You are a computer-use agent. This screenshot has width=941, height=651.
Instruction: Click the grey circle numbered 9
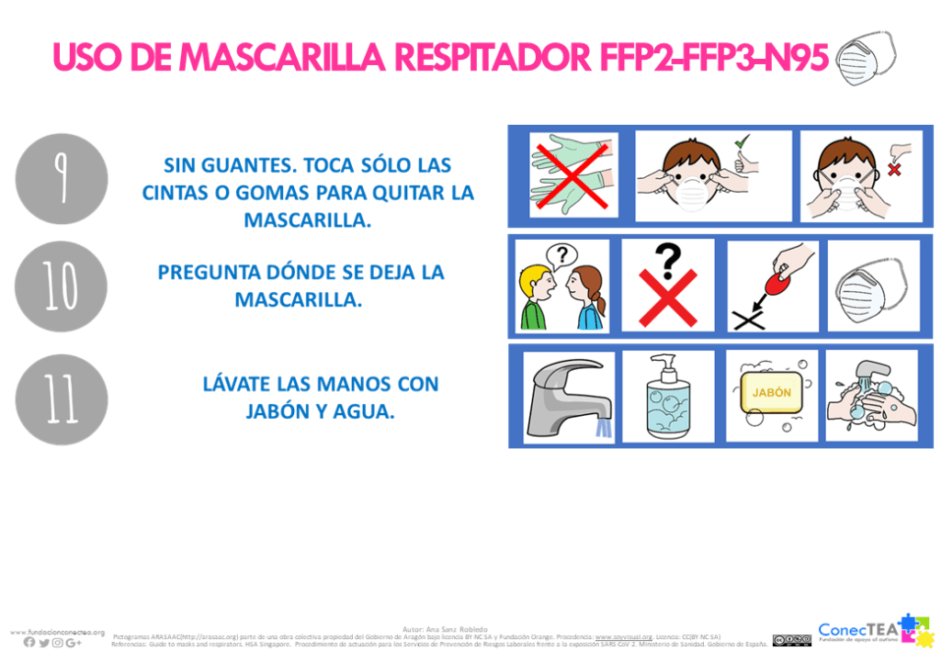(x=62, y=178)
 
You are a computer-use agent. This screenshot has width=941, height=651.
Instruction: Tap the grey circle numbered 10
(x=61, y=286)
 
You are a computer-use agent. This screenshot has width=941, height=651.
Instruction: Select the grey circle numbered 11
(x=62, y=399)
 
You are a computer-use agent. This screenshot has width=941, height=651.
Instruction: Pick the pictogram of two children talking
(x=561, y=286)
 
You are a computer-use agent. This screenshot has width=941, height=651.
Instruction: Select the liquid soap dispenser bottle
(x=668, y=397)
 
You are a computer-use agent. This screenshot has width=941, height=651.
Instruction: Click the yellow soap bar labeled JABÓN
(x=772, y=393)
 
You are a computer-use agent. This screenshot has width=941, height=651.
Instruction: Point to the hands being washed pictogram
(x=871, y=396)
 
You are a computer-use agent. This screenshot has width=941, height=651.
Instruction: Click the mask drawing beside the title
(x=866, y=58)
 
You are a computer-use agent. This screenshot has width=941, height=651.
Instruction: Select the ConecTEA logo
(x=873, y=630)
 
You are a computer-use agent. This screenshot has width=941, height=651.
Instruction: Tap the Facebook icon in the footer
(x=29, y=642)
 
